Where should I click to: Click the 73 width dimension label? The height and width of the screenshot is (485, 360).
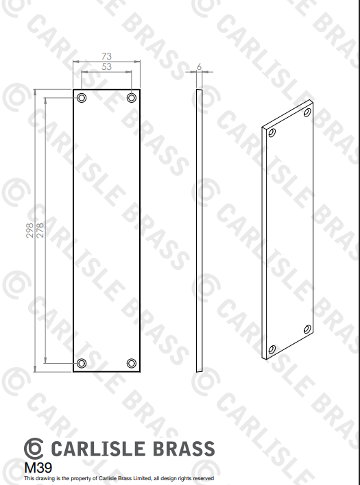click(106, 56)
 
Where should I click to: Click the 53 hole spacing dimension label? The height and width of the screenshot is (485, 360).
click(106, 66)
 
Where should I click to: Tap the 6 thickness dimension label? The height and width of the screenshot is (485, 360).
click(199, 66)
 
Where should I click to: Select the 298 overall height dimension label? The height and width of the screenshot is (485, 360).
click(29, 230)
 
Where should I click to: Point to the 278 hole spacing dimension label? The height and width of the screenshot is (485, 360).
click(40, 230)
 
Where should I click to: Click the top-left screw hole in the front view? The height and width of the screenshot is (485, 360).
click(82, 98)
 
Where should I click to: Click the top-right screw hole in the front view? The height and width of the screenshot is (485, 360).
click(132, 98)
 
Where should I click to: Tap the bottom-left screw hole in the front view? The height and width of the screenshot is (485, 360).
click(82, 363)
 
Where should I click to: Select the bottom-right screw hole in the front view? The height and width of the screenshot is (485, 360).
click(132, 363)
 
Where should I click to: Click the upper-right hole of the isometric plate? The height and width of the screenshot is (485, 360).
click(307, 112)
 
